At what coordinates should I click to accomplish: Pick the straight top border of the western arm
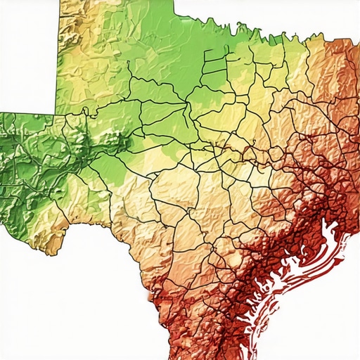pos(28,112)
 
